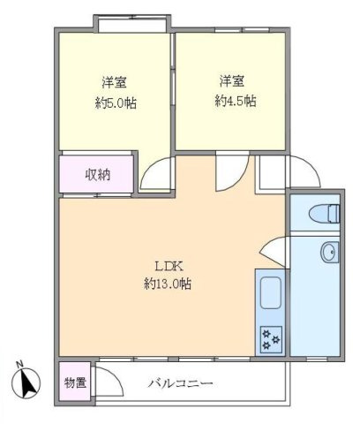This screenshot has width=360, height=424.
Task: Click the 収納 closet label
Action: click(97, 174)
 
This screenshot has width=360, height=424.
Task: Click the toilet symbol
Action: click(324, 212)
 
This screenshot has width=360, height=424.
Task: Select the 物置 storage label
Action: click(75, 383)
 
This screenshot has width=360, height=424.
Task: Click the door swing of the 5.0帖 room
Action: click(155, 175)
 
